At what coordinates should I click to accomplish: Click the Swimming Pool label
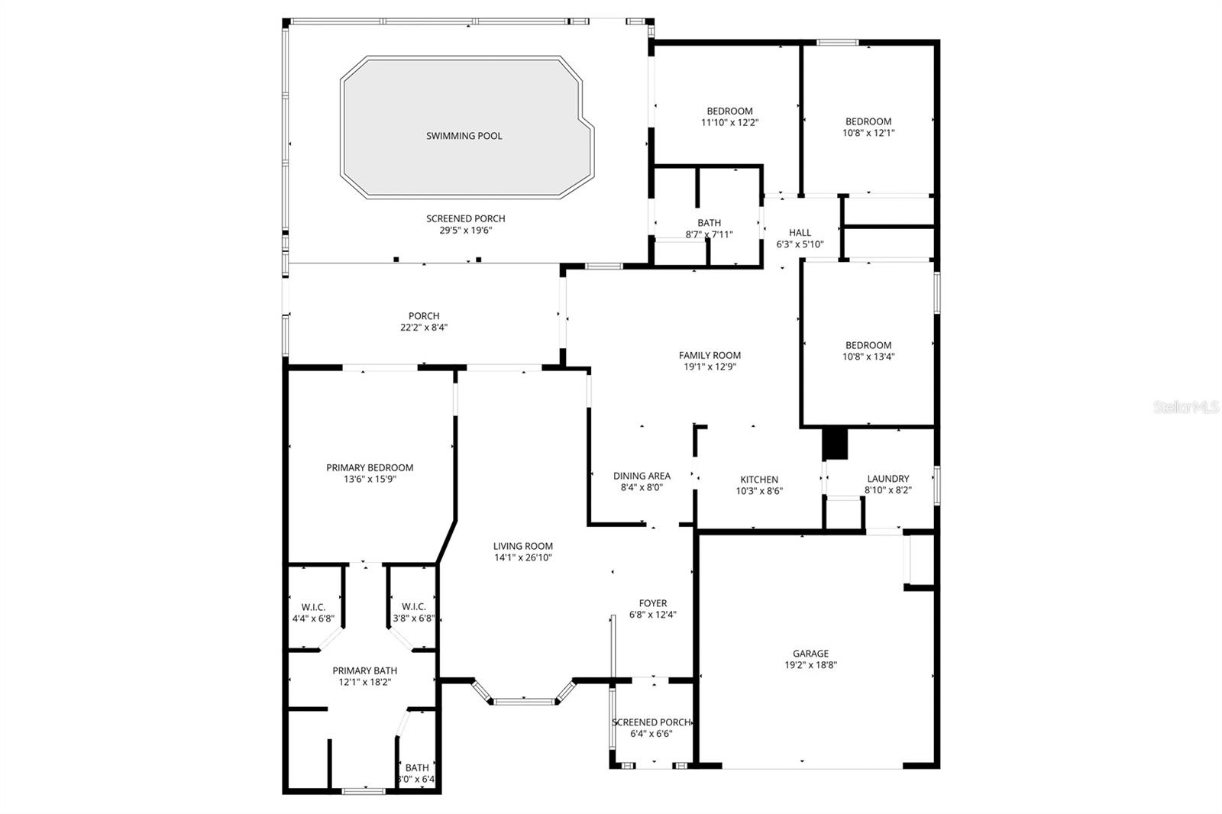coord(464,136)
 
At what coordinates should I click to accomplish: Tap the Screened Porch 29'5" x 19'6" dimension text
coord(465,230)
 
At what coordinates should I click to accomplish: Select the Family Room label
coord(710,355)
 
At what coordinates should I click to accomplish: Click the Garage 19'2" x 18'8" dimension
coord(810,664)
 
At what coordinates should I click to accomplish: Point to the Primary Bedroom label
coord(370,468)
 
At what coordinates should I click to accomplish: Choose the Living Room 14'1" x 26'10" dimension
coord(522,557)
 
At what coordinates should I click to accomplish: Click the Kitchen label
coord(759,480)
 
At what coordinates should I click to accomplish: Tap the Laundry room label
coord(887,479)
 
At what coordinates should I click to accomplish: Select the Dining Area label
coord(642,476)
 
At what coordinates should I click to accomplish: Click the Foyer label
coord(653,603)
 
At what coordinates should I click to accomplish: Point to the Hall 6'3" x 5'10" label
coord(800,238)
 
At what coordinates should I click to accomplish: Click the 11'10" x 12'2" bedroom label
coord(729,117)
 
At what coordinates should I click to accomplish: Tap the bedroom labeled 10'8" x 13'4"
coord(868,350)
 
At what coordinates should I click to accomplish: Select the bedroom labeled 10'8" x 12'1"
coord(868,127)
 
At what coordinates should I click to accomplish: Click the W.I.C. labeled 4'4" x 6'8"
coord(313,612)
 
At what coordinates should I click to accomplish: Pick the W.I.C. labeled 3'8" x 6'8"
coord(413,612)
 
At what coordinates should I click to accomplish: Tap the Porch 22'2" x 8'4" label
coord(424,321)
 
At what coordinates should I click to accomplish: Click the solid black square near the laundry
coord(835,444)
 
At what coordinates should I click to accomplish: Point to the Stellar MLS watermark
coord(1186,408)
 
